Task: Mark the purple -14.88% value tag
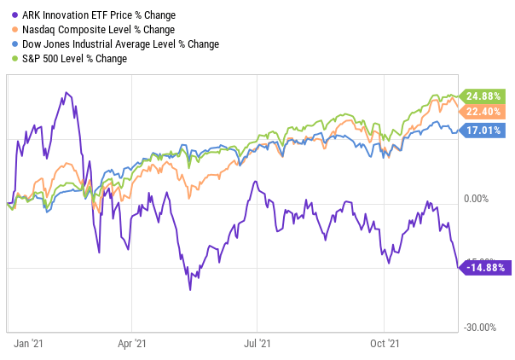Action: pos(484,267)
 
